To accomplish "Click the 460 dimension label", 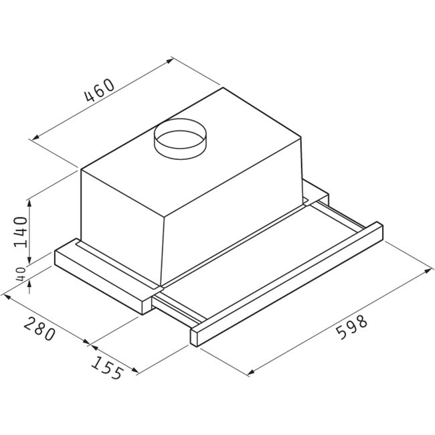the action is pos(100,90).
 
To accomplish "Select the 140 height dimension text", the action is pos(21,232).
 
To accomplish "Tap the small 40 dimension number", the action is pos(21,274).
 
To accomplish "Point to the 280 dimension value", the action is pos(39,329).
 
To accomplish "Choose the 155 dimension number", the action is pos(107,367).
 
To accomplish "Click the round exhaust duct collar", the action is pos(180,139).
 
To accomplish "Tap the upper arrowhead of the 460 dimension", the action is pos(169,61).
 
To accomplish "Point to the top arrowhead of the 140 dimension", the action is pos(29,203).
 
